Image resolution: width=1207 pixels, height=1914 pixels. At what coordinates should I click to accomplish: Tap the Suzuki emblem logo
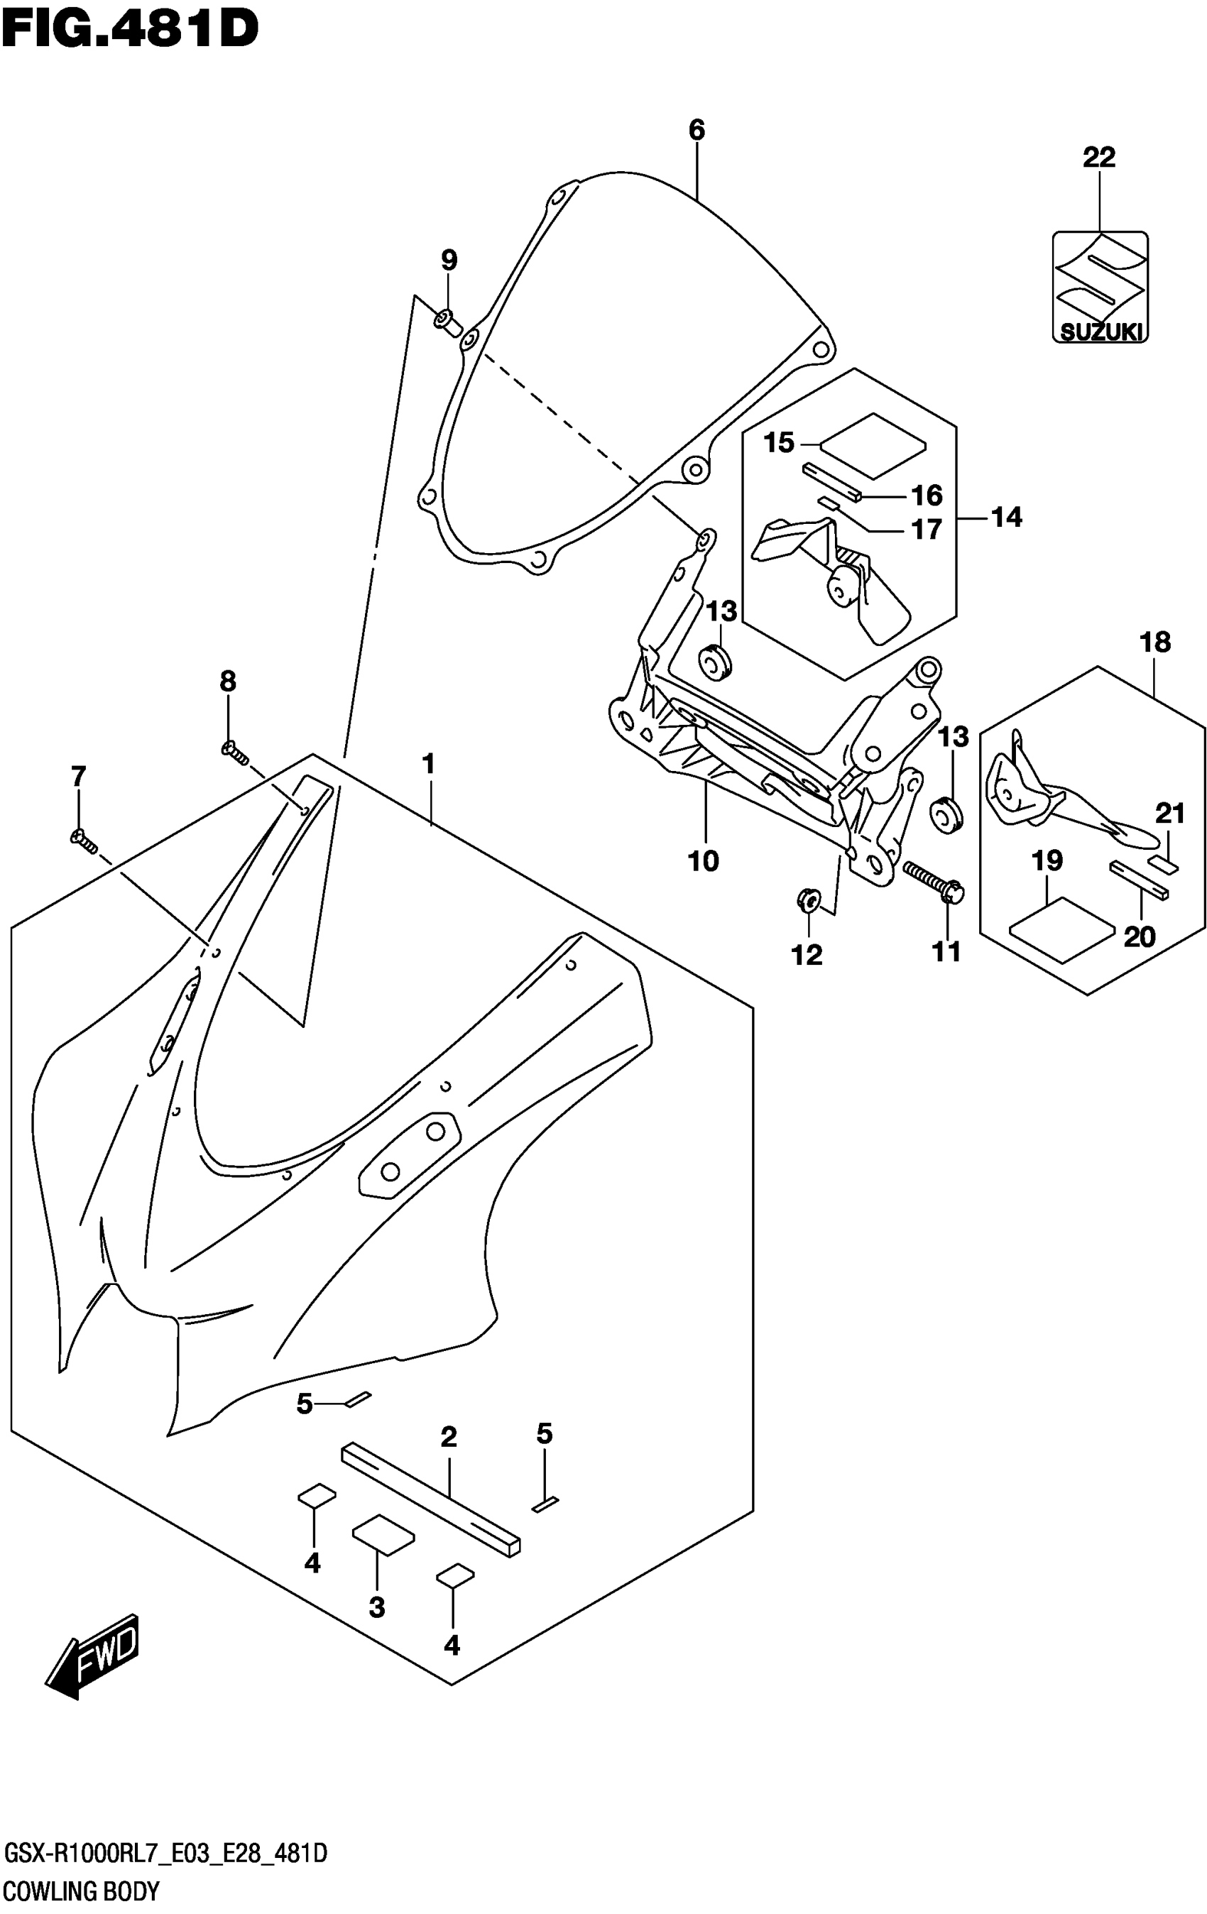click(1100, 287)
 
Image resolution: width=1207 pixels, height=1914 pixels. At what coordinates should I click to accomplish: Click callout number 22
click(1099, 158)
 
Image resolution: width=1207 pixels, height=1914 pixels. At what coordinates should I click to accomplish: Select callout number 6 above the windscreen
click(697, 129)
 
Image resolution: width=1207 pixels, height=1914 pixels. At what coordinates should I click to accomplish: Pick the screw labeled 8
click(234, 751)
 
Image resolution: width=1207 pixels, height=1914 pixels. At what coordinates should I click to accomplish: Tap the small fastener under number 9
click(449, 322)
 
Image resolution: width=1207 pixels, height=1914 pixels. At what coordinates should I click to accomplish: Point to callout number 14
click(1006, 518)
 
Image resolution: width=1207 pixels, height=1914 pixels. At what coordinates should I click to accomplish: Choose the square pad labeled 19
click(1061, 929)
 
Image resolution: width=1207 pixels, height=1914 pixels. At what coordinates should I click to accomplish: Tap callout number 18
click(1154, 642)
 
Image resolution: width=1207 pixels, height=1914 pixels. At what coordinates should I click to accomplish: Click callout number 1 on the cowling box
click(429, 765)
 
